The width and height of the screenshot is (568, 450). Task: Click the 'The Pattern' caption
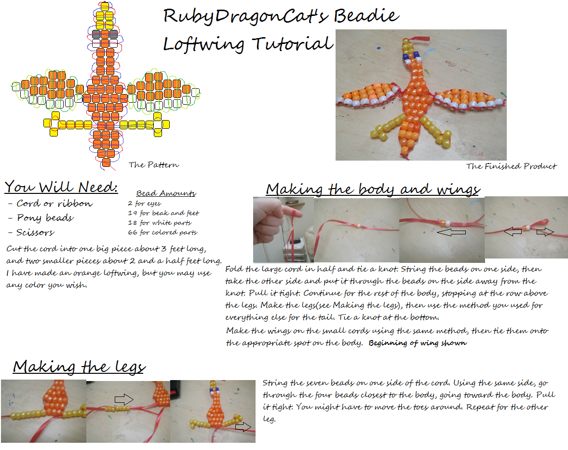pos(154,165)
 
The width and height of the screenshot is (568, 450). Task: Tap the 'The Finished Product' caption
pos(511,166)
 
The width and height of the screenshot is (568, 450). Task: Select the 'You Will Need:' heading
pos(61,187)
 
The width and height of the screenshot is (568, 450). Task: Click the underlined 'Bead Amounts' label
pos(166,193)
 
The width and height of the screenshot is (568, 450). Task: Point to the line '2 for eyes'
pos(144,203)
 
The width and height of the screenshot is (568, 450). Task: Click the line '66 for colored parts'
pos(162,232)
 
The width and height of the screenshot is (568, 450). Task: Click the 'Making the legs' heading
pos(80,367)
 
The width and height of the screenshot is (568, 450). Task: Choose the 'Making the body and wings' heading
pos(373,189)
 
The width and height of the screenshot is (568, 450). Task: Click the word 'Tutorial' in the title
pos(292,44)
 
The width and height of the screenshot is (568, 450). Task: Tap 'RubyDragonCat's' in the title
pos(245,16)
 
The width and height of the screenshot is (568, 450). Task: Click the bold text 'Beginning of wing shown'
pos(418,343)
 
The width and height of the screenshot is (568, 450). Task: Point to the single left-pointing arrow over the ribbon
pos(451,232)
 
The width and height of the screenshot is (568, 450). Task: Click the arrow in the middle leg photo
pos(124,399)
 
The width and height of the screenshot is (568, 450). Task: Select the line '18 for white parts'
pos(160,222)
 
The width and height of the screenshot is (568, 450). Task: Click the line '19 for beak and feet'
pos(163,213)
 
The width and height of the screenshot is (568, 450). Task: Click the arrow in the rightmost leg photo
pos(243,427)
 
